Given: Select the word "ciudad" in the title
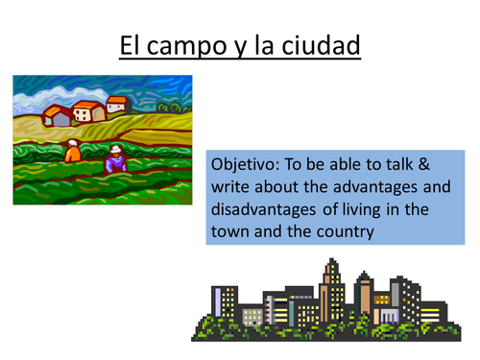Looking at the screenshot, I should click(319, 44).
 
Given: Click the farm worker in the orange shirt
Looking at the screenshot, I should click(73, 151).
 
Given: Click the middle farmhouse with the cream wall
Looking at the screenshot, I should click(88, 111).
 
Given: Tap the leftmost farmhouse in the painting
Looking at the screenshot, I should click(58, 115).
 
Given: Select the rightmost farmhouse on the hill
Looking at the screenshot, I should click(117, 104).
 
